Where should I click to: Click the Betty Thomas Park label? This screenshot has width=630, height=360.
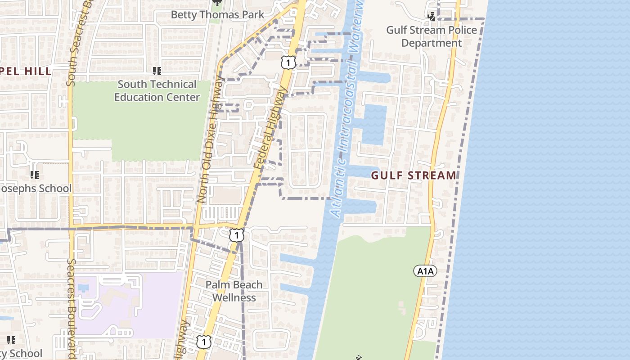(x=218, y=14)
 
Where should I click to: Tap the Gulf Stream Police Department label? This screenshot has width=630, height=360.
(x=432, y=36)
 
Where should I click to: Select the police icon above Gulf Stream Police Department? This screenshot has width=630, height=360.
(x=432, y=17)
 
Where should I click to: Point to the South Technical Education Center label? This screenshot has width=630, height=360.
(x=157, y=90)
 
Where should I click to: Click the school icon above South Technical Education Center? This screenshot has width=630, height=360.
(x=157, y=71)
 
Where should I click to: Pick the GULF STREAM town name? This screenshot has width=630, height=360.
(x=414, y=175)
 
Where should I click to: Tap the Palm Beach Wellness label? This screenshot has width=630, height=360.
(x=234, y=291)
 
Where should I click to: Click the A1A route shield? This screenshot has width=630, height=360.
(x=425, y=271)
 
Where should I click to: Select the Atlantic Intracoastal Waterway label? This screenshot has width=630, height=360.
(x=345, y=112)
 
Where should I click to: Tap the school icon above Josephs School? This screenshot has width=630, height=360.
(x=34, y=175)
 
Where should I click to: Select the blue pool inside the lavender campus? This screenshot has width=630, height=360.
(x=83, y=287)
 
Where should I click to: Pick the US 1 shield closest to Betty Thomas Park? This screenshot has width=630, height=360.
(x=288, y=62)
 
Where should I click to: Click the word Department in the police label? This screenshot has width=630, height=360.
(x=432, y=43)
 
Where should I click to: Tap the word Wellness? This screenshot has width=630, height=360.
(x=234, y=297)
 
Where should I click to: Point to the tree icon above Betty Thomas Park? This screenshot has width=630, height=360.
(x=217, y=2)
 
